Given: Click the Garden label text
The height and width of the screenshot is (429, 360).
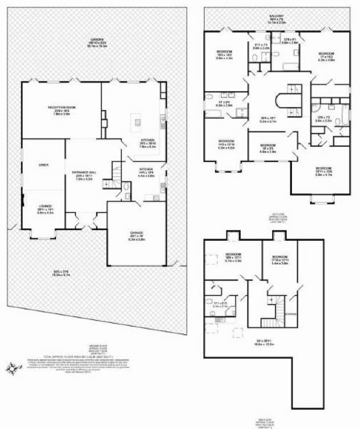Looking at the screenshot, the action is [x=95, y=39].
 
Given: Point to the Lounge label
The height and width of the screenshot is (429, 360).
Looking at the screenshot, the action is [x=45, y=206].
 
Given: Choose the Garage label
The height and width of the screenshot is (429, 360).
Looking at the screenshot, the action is [x=138, y=233].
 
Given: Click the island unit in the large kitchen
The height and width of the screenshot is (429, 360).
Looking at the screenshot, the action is [x=137, y=121].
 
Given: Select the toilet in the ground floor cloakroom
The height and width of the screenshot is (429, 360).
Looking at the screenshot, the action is [x=126, y=187].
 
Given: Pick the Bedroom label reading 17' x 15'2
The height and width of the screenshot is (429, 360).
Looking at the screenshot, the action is [x=326, y=54].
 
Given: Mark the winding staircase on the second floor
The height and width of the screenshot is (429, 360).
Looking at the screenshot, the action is [x=279, y=312].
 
